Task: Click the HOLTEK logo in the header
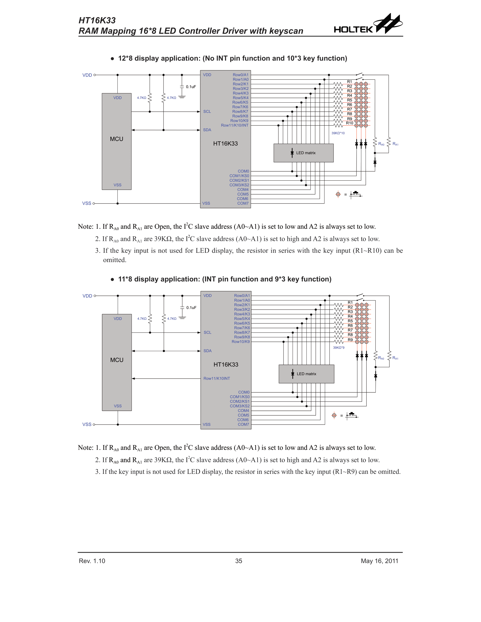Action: click(368, 25)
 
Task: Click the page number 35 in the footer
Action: click(239, 561)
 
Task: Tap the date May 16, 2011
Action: click(379, 561)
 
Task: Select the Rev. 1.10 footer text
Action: click(92, 561)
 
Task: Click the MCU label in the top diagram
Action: click(117, 139)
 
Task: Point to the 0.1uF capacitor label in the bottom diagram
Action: click(191, 308)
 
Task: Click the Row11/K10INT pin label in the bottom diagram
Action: click(216, 379)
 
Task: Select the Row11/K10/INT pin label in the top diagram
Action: click(235, 125)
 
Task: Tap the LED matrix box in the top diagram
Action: click(304, 153)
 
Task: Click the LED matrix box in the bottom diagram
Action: click(306, 374)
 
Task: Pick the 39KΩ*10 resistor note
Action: click(338, 133)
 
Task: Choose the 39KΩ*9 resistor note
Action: click(338, 347)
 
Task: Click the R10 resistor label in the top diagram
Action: click(349, 123)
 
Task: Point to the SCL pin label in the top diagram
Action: click(207, 112)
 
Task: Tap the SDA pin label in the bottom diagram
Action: click(207, 351)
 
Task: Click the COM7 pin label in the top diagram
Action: click(243, 203)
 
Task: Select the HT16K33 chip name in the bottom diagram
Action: click(226, 364)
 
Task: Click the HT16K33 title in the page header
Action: click(97, 21)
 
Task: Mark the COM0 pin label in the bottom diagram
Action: click(244, 392)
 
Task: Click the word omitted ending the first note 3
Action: click(115, 260)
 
